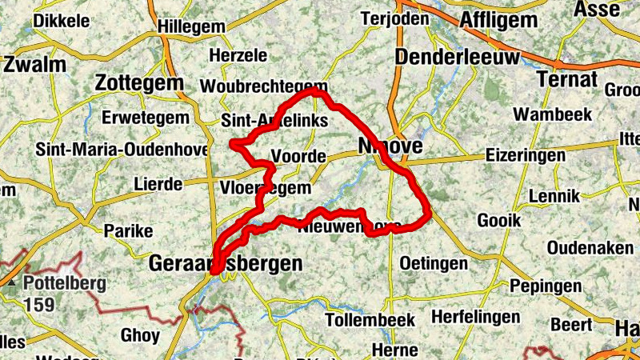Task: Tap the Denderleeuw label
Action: (457, 58)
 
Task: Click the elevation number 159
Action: (38, 304)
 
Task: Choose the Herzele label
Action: (236, 55)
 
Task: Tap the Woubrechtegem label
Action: (264, 86)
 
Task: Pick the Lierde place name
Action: (158, 184)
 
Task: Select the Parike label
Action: (128, 230)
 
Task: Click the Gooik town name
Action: (498, 219)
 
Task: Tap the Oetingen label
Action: (433, 262)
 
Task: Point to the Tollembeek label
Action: (370, 320)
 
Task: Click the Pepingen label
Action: (545, 286)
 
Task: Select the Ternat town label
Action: (568, 80)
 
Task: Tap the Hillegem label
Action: (191, 26)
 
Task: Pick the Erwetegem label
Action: (146, 118)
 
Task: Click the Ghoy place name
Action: (140, 334)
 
